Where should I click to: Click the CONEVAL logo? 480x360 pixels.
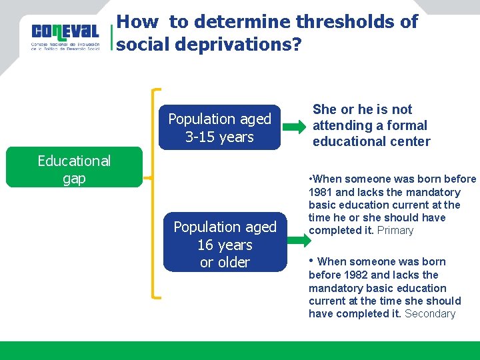coord(65,37)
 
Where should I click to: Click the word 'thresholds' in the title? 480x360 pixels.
coord(347,22)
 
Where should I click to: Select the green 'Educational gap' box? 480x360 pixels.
coord(74,169)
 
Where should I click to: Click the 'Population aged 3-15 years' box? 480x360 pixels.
coord(220,127)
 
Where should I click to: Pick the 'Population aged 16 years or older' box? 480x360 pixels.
coord(225,244)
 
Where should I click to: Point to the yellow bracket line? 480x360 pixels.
coord(155,193)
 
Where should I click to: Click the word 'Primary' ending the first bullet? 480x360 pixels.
coord(395,231)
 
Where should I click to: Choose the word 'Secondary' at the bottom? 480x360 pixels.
coord(430,314)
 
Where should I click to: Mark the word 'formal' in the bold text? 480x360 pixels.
coord(407,125)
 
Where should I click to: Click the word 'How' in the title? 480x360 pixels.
coord(137,22)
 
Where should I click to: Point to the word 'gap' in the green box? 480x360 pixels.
coord(74,178)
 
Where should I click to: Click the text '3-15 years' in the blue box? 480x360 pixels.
coord(220,137)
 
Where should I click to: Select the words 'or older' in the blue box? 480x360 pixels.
coord(225,262)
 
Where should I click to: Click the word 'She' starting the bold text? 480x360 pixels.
coord(325,109)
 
